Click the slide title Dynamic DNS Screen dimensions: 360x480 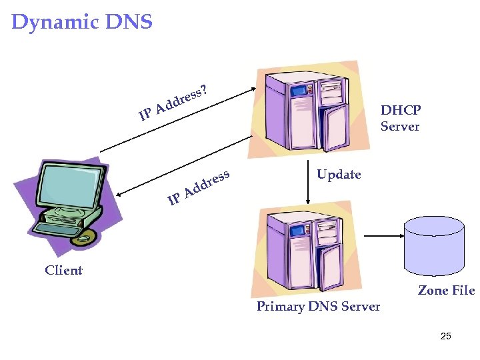[x=82, y=22]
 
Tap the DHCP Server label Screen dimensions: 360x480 [x=400, y=118]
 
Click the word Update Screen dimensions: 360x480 [x=339, y=175]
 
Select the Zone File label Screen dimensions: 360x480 [x=446, y=290]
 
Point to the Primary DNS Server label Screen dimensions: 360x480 [x=318, y=307]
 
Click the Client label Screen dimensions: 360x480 [x=63, y=270]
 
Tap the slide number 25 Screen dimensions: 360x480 [x=446, y=336]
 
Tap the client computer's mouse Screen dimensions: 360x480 [x=83, y=237]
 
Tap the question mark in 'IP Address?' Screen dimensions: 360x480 [x=204, y=88]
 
